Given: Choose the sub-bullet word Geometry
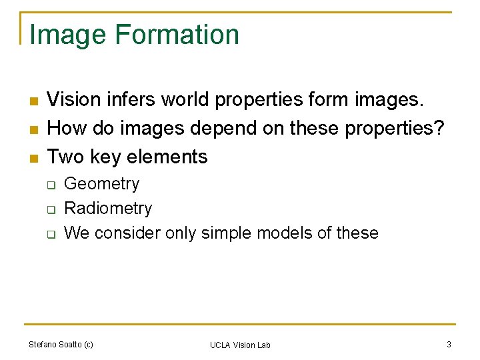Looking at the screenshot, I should [101, 184].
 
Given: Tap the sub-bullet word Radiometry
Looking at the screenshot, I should [108, 209].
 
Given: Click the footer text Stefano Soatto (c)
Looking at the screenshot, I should [61, 345].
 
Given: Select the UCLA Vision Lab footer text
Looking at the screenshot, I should [240, 345].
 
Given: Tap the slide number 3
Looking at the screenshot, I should [449, 345].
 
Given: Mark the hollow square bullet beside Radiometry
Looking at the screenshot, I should [50, 209].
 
